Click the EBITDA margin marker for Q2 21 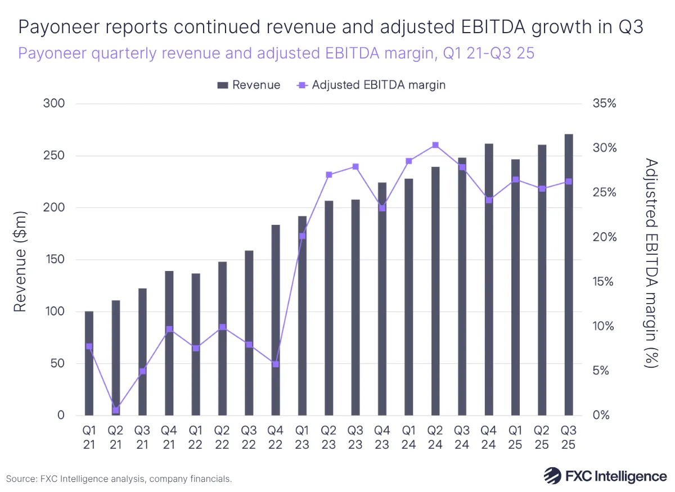coord(116,410)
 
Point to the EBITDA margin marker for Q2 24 coord(435,145)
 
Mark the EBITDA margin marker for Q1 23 coord(302,236)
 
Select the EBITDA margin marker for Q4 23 coord(382,208)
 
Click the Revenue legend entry coord(249,85)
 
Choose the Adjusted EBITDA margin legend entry coord(371,85)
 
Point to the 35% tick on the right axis coord(604,104)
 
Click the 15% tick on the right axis coord(604,282)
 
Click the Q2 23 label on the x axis coord(328,437)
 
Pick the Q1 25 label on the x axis coord(515,437)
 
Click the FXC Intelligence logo coord(605,476)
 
